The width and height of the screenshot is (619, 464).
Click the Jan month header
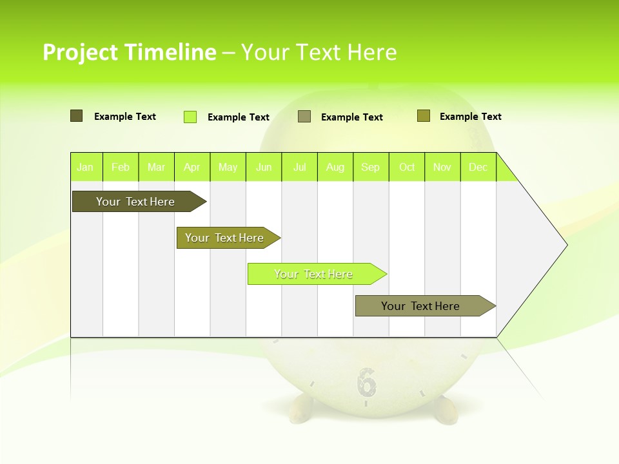click(x=86, y=167)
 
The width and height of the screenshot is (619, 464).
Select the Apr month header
click(x=192, y=167)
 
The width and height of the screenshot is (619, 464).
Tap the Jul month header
click(x=299, y=167)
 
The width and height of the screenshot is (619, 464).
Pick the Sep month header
click(x=371, y=167)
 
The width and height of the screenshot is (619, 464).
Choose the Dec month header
click(x=478, y=167)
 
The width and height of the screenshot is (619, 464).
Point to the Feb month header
click(x=121, y=167)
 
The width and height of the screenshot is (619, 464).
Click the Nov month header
click(x=442, y=167)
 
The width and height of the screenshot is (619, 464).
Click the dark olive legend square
click(x=77, y=116)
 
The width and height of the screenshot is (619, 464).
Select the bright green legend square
click(x=190, y=117)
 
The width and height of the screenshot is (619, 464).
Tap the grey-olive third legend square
click(x=304, y=117)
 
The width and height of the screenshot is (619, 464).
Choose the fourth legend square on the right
click(x=424, y=116)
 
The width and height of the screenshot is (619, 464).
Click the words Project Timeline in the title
click(x=130, y=52)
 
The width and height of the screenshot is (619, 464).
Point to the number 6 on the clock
click(x=366, y=382)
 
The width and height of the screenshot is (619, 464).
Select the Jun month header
click(x=264, y=167)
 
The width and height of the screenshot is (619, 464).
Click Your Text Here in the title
click(x=319, y=52)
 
